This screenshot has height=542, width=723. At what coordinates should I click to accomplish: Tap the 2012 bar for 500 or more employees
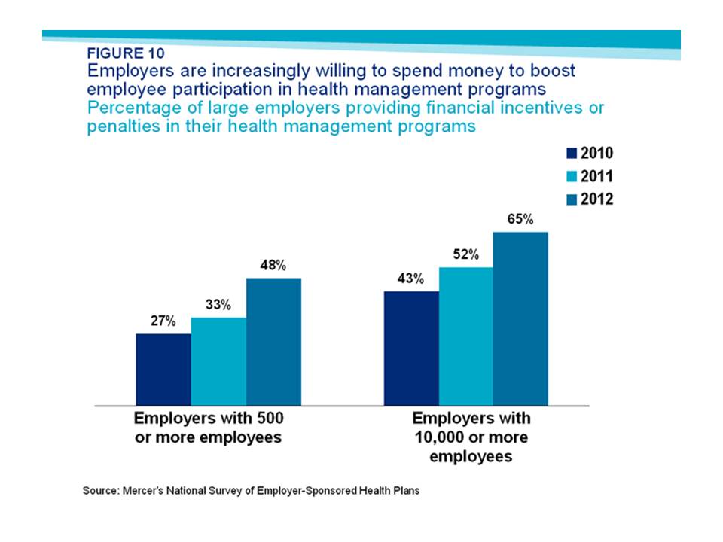coord(273,341)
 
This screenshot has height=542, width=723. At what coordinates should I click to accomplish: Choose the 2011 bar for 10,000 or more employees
coord(465,336)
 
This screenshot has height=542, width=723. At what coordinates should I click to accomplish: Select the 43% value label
coord(411,279)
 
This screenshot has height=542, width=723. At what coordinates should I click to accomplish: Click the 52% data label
coord(465,255)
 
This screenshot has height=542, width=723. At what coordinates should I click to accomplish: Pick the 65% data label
coord(520,220)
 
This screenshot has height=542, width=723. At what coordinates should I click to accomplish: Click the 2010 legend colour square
coord(571,154)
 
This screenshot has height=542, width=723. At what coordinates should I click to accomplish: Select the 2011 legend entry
coord(590,176)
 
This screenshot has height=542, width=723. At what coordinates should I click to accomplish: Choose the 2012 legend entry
coord(590,199)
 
